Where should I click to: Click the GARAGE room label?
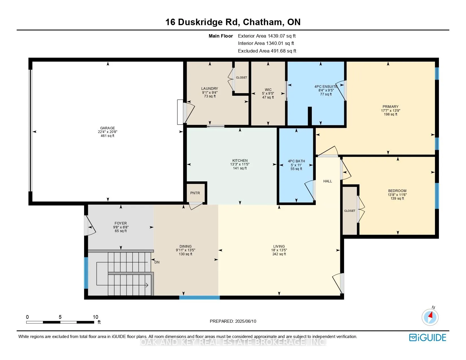[x=107, y=128]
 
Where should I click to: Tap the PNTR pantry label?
[x=195, y=193]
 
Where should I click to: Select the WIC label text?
[x=268, y=90]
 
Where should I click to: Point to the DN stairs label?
[x=157, y=262]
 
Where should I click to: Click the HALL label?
[x=327, y=181]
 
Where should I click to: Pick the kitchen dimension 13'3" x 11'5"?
[x=240, y=164]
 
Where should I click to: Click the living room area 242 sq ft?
[x=279, y=254]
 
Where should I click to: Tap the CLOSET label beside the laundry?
[x=241, y=77]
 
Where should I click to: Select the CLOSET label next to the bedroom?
[x=350, y=211]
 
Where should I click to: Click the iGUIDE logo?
[x=427, y=337]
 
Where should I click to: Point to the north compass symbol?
[x=430, y=317]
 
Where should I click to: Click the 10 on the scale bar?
[x=95, y=317]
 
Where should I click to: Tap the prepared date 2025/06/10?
[x=245, y=321]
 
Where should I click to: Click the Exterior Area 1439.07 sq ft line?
[x=267, y=36]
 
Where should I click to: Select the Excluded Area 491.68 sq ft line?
[x=267, y=51]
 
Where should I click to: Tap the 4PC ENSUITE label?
[x=326, y=86]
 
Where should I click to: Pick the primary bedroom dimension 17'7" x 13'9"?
[x=391, y=111]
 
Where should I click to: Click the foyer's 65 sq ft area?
[x=121, y=231]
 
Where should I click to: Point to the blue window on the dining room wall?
[x=199, y=297]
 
